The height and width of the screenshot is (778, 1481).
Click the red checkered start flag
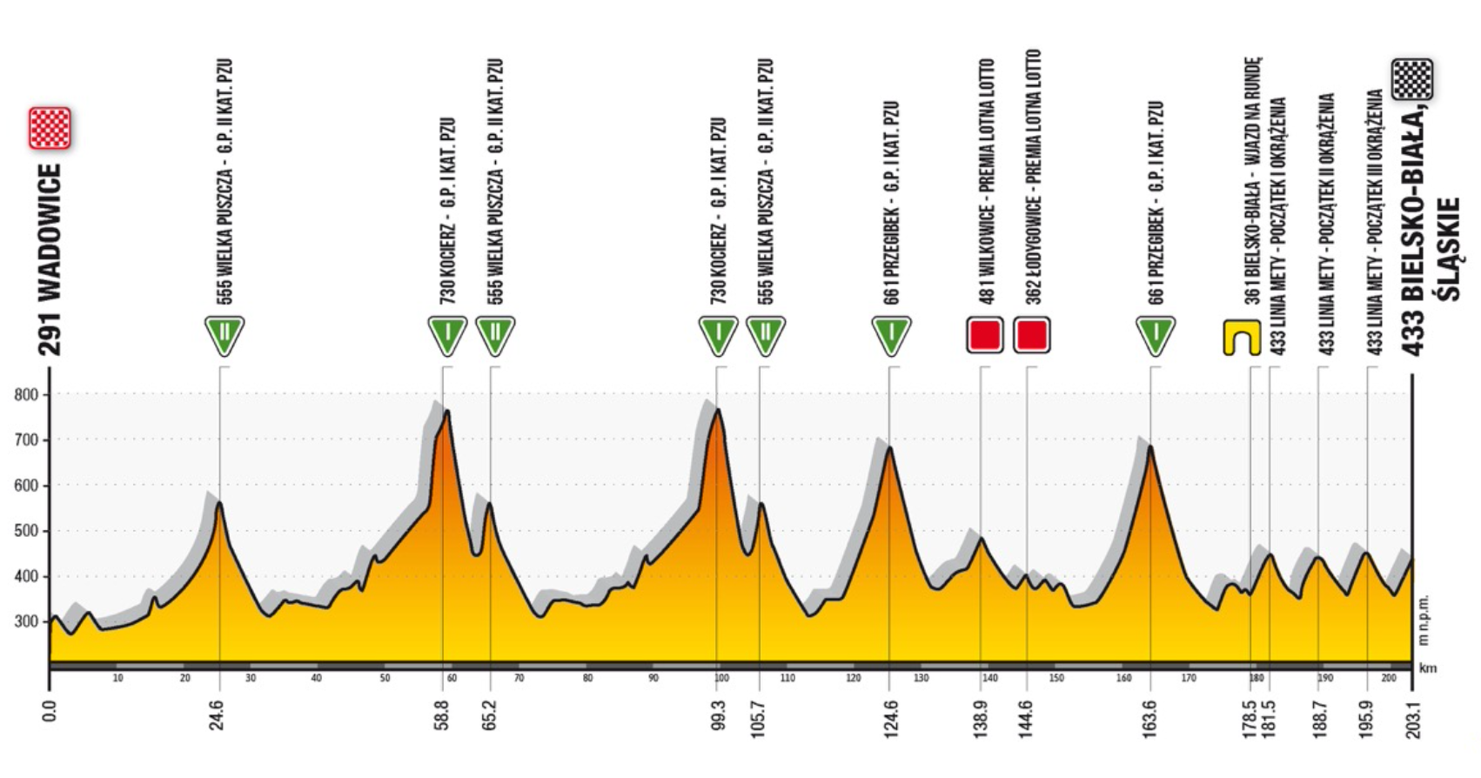click(x=50, y=128)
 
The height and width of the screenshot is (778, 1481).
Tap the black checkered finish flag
click(x=1411, y=80)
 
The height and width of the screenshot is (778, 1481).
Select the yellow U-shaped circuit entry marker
click(x=1242, y=338)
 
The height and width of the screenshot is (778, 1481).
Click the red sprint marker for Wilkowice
click(x=985, y=335)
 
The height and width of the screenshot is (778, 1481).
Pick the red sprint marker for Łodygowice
click(x=1032, y=335)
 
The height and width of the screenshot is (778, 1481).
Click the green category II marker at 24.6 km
click(x=224, y=335)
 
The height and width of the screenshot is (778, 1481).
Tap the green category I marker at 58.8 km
click(x=447, y=335)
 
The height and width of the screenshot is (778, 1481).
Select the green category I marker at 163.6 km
click(x=1156, y=335)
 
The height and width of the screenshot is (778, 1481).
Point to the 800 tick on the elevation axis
click(x=27, y=395)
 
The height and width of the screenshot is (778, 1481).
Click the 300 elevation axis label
click(x=27, y=622)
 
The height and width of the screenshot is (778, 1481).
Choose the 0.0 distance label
click(x=50, y=711)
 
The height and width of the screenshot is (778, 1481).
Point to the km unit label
click(x=1427, y=668)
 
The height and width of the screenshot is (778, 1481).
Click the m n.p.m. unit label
click(x=1424, y=620)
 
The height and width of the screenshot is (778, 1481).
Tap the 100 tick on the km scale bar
click(x=720, y=678)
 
